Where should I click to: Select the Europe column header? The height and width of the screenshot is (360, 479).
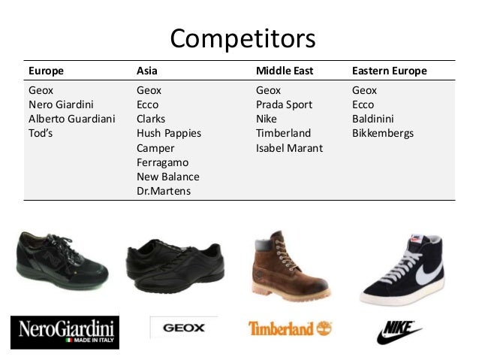point(46,71)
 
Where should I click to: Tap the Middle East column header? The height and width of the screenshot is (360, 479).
point(284,71)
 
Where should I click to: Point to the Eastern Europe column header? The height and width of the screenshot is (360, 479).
point(389,71)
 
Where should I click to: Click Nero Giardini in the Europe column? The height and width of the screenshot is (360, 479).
point(62,104)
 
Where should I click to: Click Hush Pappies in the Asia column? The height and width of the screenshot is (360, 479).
point(169,134)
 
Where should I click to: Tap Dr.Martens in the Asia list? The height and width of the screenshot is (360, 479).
point(164,191)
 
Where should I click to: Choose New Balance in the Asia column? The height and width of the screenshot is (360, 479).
point(168,177)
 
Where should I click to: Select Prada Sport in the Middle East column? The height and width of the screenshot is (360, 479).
point(284,104)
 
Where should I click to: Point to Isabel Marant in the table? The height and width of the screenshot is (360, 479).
point(289,148)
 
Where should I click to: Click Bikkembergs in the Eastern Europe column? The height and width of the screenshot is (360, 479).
point(383,134)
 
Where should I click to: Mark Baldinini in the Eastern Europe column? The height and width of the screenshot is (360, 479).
point(373,119)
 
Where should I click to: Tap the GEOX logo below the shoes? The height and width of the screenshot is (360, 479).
point(179,328)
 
